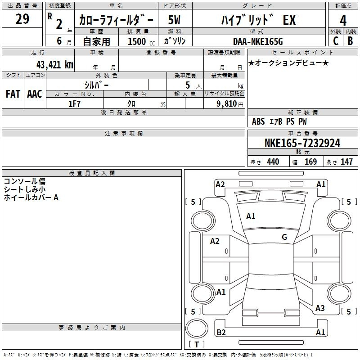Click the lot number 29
tap(22, 19)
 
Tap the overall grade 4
tap(343, 21)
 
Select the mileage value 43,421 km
tap(54, 65)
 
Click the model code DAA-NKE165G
tap(258, 41)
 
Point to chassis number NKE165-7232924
tap(302, 143)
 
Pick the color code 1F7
tap(74, 104)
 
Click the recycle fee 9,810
tap(227, 104)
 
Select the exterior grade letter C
tap(336, 41)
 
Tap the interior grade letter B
tap(350, 41)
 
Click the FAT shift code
tap(13, 94)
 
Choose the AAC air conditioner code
tap(35, 94)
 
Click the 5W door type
tap(174, 20)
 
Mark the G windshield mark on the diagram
tap(284, 237)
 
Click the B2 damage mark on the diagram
tap(221, 332)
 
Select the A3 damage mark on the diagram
tap(320, 308)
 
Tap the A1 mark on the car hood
tap(251, 216)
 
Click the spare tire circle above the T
tap(197, 328)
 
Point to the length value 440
tap(273, 162)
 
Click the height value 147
tap(346, 162)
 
